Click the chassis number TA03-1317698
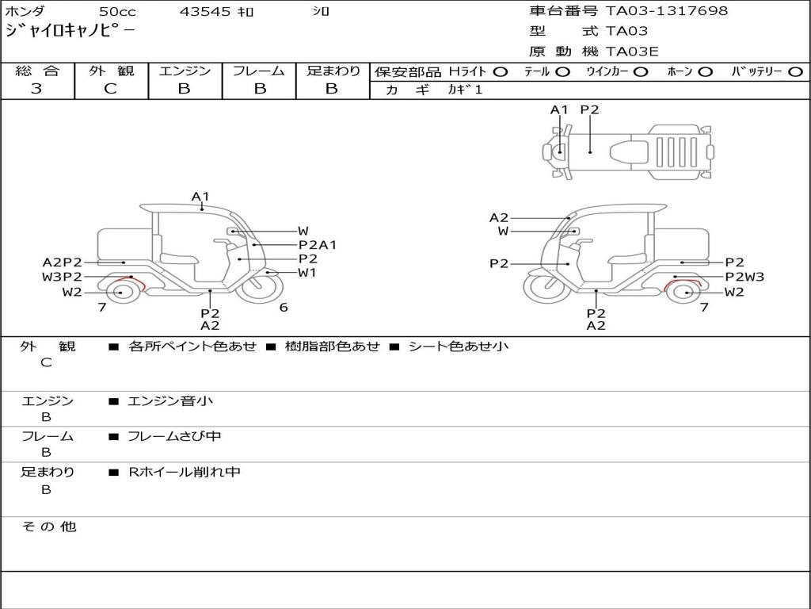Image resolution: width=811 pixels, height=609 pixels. pyautogui.click(x=666, y=11)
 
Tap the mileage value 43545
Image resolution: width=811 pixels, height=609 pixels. pyautogui.click(x=205, y=12)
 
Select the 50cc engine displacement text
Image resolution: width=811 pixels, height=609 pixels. pyautogui.click(x=116, y=12)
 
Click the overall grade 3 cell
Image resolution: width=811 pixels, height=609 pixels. pyautogui.click(x=36, y=89)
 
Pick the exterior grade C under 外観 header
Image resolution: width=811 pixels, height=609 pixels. pyautogui.click(x=110, y=89)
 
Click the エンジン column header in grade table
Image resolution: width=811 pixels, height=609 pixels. pyautogui.click(x=185, y=71)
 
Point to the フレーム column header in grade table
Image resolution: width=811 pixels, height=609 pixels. pyautogui.click(x=258, y=71)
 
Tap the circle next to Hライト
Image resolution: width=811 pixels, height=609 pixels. pyautogui.click(x=500, y=71)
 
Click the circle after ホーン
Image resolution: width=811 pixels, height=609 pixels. pyautogui.click(x=705, y=71)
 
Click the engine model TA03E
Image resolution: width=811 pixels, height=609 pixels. pyautogui.click(x=632, y=52)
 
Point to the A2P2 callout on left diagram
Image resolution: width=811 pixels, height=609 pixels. pyautogui.click(x=63, y=262)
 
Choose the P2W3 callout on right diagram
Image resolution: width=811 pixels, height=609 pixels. pyautogui.click(x=744, y=277)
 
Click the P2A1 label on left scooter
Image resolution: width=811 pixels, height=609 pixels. pyautogui.click(x=317, y=245)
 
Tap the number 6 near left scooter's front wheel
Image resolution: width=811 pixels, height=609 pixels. pyautogui.click(x=283, y=308)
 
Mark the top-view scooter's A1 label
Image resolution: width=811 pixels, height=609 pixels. pyautogui.click(x=559, y=110)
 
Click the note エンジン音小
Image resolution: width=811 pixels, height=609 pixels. pyautogui.click(x=170, y=401)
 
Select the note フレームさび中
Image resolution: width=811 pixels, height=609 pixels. pyautogui.click(x=174, y=436)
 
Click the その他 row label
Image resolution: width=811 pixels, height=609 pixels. pyautogui.click(x=48, y=527)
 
